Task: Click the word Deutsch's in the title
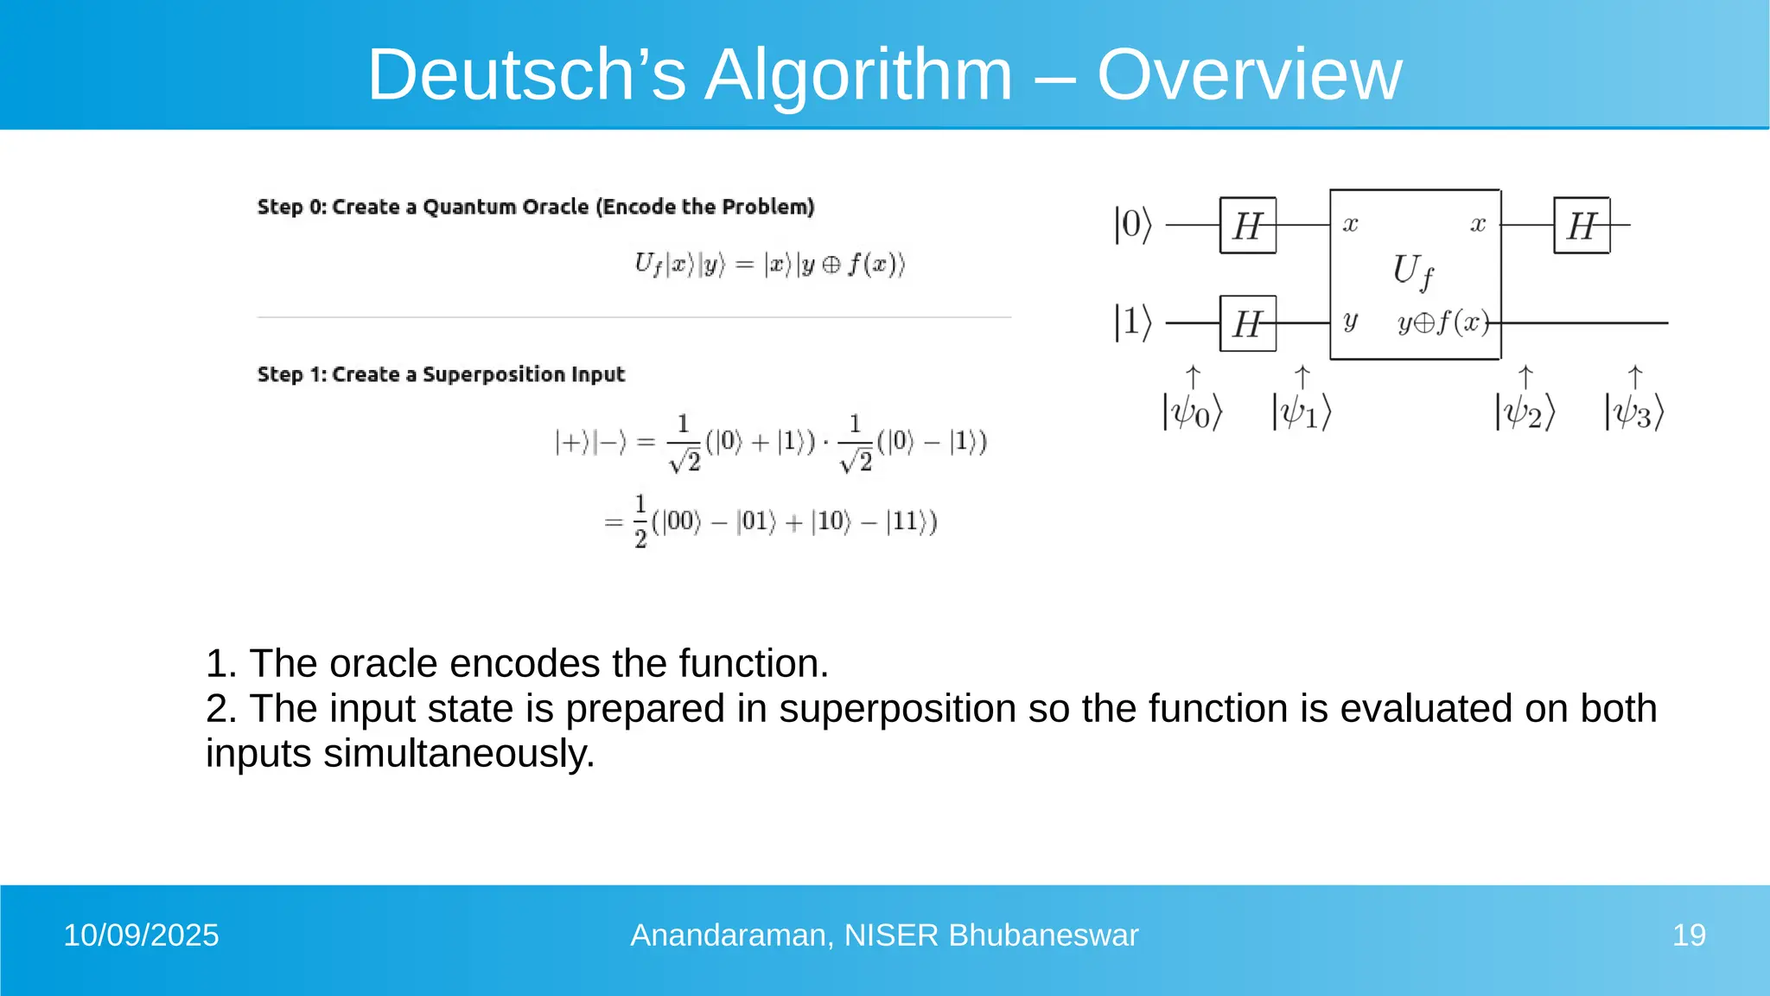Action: point(526,74)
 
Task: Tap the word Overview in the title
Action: point(1249,74)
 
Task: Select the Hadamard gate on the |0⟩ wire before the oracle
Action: point(1247,226)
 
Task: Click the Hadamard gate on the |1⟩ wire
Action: point(1247,323)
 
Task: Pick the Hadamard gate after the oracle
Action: point(1582,226)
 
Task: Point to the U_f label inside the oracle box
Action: point(1413,271)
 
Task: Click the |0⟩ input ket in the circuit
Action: point(1133,225)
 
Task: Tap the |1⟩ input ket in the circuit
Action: point(1133,322)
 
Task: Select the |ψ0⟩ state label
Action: point(1192,412)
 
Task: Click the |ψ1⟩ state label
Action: point(1302,412)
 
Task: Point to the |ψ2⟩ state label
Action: point(1525,412)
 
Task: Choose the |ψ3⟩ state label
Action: point(1634,412)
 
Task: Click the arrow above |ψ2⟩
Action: point(1525,377)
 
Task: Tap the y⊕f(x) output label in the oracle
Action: point(1443,322)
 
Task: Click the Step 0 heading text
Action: point(536,207)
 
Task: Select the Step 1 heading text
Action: point(441,374)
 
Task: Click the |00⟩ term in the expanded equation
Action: point(681,521)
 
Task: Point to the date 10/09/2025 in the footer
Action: point(141,935)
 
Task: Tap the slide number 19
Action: point(1689,935)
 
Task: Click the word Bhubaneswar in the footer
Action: point(1043,935)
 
